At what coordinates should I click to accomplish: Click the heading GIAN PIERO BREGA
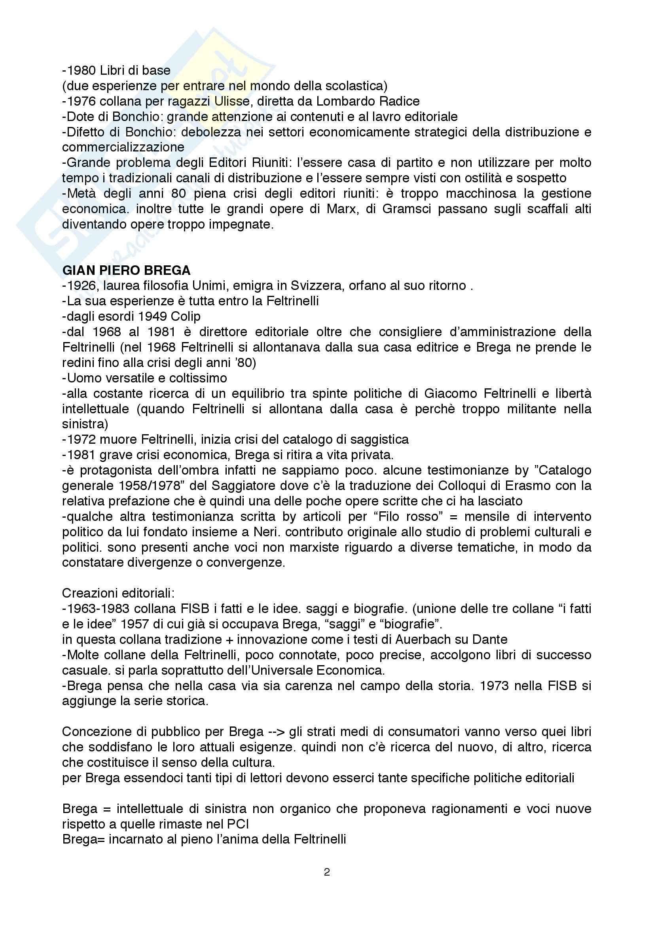pos(126,271)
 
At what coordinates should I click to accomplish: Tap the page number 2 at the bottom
pos(327,872)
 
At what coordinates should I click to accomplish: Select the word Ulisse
pos(232,101)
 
